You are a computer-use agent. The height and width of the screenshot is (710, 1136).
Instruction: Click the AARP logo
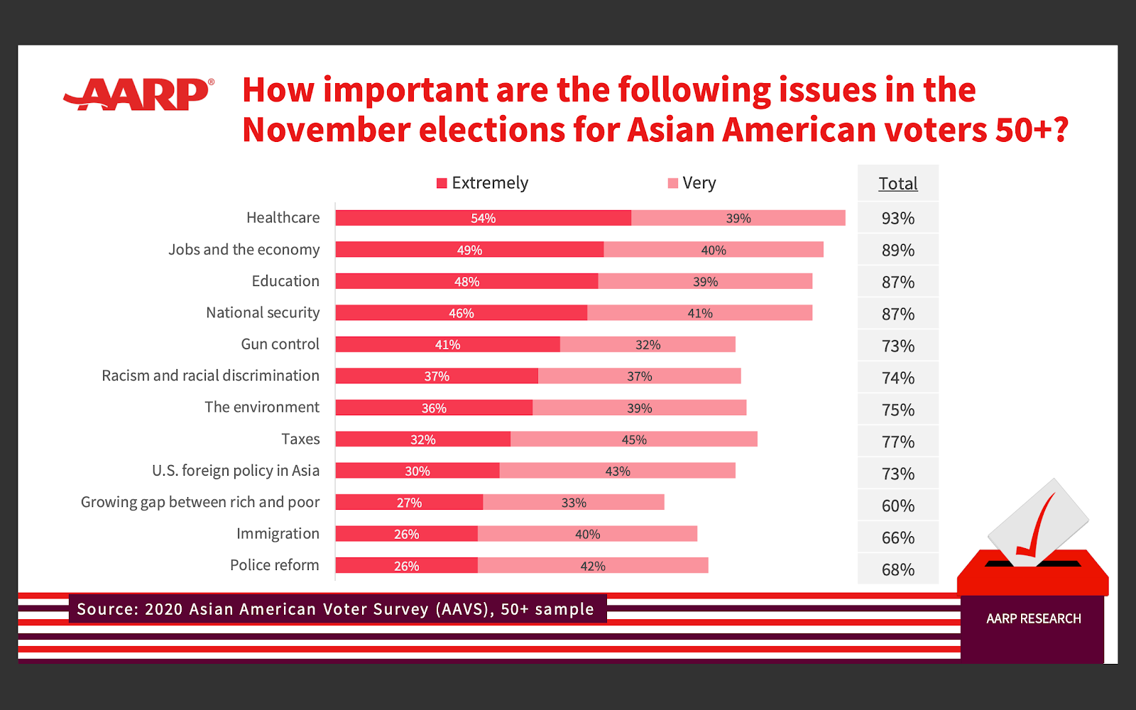(139, 94)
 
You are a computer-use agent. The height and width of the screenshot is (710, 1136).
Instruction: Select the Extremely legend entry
(483, 183)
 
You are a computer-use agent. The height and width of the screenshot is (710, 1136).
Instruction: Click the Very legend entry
(692, 183)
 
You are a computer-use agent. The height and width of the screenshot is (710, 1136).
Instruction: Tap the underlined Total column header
(897, 184)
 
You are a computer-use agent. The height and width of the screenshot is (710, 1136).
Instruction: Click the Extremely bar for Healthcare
(483, 218)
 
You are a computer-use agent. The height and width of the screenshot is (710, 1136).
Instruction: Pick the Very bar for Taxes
(633, 439)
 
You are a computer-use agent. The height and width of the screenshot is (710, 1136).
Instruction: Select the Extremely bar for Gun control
(447, 344)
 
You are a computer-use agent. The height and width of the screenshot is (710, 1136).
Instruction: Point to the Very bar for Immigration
(587, 534)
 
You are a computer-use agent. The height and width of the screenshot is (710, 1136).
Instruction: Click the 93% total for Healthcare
(897, 219)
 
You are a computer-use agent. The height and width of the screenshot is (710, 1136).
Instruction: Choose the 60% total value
(897, 506)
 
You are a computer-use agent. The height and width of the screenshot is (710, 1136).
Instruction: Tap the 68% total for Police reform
(897, 570)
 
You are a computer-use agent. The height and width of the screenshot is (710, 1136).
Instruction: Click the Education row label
(285, 281)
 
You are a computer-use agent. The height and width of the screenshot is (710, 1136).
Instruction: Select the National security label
(263, 313)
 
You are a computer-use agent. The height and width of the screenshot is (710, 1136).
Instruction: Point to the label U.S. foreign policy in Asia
(236, 471)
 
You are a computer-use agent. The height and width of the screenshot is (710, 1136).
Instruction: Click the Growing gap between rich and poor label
(200, 503)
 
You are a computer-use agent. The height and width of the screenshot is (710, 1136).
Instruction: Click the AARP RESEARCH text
(1033, 619)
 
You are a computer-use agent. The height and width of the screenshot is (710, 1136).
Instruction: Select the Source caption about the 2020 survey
(335, 609)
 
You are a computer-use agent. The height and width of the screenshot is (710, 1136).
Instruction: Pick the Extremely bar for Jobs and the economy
(469, 250)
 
